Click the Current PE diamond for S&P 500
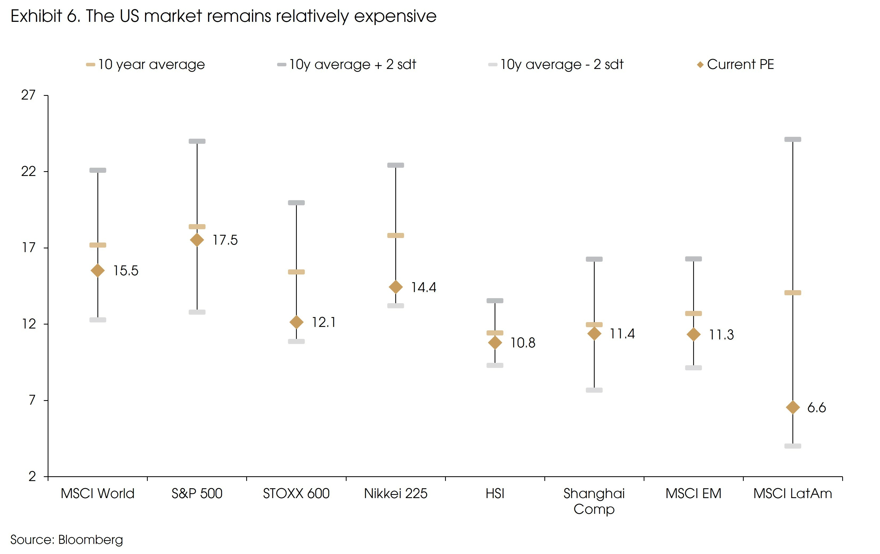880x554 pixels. [197, 240]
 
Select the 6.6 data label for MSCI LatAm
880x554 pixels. [816, 408]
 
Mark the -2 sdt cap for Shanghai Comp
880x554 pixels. [594, 390]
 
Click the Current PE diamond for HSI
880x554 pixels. [495, 343]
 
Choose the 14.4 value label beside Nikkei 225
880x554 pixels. [423, 288]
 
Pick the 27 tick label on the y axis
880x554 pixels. [28, 95]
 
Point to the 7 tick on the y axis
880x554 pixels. [32, 400]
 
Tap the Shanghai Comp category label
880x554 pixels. [594, 501]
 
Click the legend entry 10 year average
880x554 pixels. [146, 65]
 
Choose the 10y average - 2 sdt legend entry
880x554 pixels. [556, 65]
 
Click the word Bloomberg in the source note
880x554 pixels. [90, 540]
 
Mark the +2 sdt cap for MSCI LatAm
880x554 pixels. [793, 139]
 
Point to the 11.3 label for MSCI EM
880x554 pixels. [721, 335]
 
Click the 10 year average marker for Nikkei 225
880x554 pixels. [396, 235]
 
